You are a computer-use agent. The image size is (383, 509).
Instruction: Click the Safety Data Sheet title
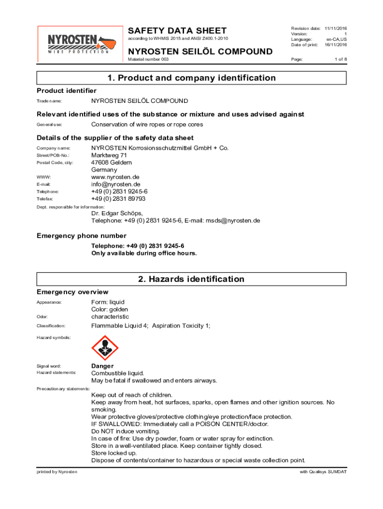[x=178, y=30]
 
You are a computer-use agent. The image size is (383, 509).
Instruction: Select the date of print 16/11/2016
[x=336, y=45]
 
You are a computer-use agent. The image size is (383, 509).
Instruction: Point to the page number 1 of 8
[x=340, y=59]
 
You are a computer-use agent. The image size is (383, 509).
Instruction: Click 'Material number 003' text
[x=148, y=59]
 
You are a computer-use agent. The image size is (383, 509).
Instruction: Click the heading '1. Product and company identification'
[x=191, y=78]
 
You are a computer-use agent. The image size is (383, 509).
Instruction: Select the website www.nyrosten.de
[x=115, y=177]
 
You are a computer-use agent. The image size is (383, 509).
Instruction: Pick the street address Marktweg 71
[x=109, y=155]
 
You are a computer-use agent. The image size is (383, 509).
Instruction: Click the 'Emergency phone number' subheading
[x=82, y=236]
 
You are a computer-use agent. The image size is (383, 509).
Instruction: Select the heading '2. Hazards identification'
[x=191, y=279]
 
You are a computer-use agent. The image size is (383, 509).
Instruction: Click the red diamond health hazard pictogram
[x=105, y=347]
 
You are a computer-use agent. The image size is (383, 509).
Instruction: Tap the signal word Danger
[x=102, y=366]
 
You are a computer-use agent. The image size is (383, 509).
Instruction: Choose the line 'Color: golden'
[x=110, y=309]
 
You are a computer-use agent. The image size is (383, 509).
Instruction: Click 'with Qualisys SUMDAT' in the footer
[x=323, y=471]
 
